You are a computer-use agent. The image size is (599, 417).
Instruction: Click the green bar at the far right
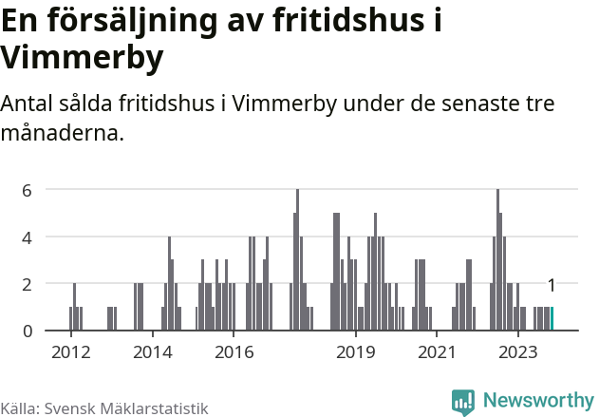[552, 319]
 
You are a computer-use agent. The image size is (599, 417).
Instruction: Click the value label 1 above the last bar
[552, 285]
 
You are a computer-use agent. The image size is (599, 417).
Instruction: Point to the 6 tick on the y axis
[28, 190]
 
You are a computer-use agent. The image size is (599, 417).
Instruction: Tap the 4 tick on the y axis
[28, 237]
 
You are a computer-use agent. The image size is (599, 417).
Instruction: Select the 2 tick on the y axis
[28, 284]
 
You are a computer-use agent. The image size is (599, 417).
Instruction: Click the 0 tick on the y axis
[28, 331]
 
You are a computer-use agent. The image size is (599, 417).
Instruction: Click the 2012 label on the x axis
[71, 352]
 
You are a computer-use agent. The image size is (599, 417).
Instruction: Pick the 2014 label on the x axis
[153, 352]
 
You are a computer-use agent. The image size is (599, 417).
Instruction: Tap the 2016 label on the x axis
[234, 352]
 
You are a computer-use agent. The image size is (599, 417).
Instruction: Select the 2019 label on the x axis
[356, 352]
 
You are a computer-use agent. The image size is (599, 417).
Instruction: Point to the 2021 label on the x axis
[437, 352]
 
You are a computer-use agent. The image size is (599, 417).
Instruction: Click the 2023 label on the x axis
[518, 352]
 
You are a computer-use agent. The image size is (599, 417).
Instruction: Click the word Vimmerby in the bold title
[82, 58]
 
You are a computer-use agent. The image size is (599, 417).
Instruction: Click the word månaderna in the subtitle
[61, 132]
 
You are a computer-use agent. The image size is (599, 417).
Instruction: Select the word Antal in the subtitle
[28, 103]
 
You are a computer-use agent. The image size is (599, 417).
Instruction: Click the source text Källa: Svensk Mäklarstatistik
[103, 408]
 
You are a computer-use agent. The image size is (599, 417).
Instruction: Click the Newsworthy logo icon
[463, 402]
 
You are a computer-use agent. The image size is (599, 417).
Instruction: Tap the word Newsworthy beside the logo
[538, 402]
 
